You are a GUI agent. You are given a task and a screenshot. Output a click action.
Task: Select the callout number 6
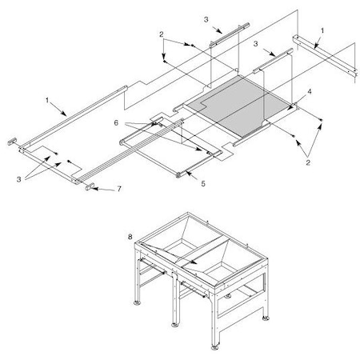(117, 123)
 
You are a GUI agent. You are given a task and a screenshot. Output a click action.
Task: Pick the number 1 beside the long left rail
(48, 102)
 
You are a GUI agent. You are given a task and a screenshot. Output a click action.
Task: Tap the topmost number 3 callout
(206, 17)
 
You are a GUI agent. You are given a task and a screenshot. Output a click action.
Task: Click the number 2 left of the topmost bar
(161, 35)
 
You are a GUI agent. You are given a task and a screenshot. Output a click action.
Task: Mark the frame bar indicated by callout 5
(184, 170)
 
